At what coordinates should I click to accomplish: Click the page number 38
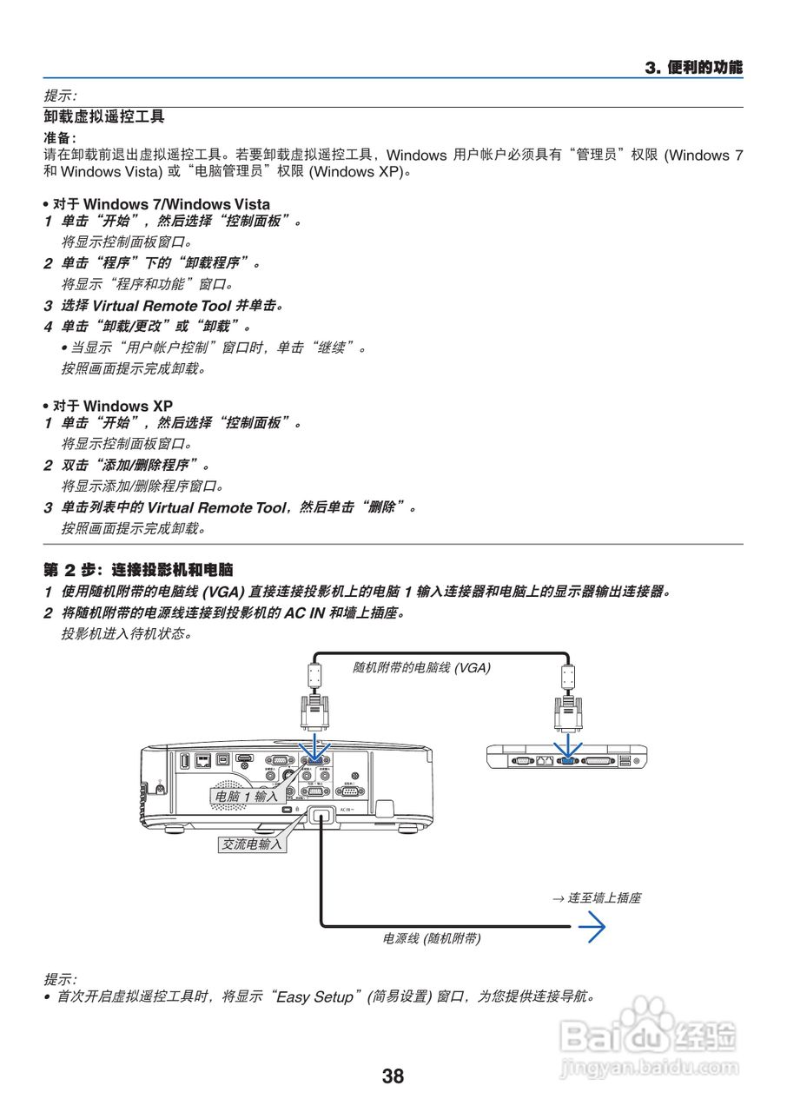pos(393,1076)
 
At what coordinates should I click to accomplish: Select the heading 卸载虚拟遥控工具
pos(104,116)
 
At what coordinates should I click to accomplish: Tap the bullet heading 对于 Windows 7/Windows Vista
pos(161,204)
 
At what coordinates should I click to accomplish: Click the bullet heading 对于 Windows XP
pos(112,406)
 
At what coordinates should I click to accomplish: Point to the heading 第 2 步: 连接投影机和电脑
pos(138,570)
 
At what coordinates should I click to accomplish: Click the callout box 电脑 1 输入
pos(246,796)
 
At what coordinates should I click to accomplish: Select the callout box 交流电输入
pos(251,844)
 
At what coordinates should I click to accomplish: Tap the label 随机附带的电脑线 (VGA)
pos(420,667)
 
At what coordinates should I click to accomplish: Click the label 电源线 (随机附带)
pos(432,938)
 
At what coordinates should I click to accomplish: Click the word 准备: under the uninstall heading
pos(60,137)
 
